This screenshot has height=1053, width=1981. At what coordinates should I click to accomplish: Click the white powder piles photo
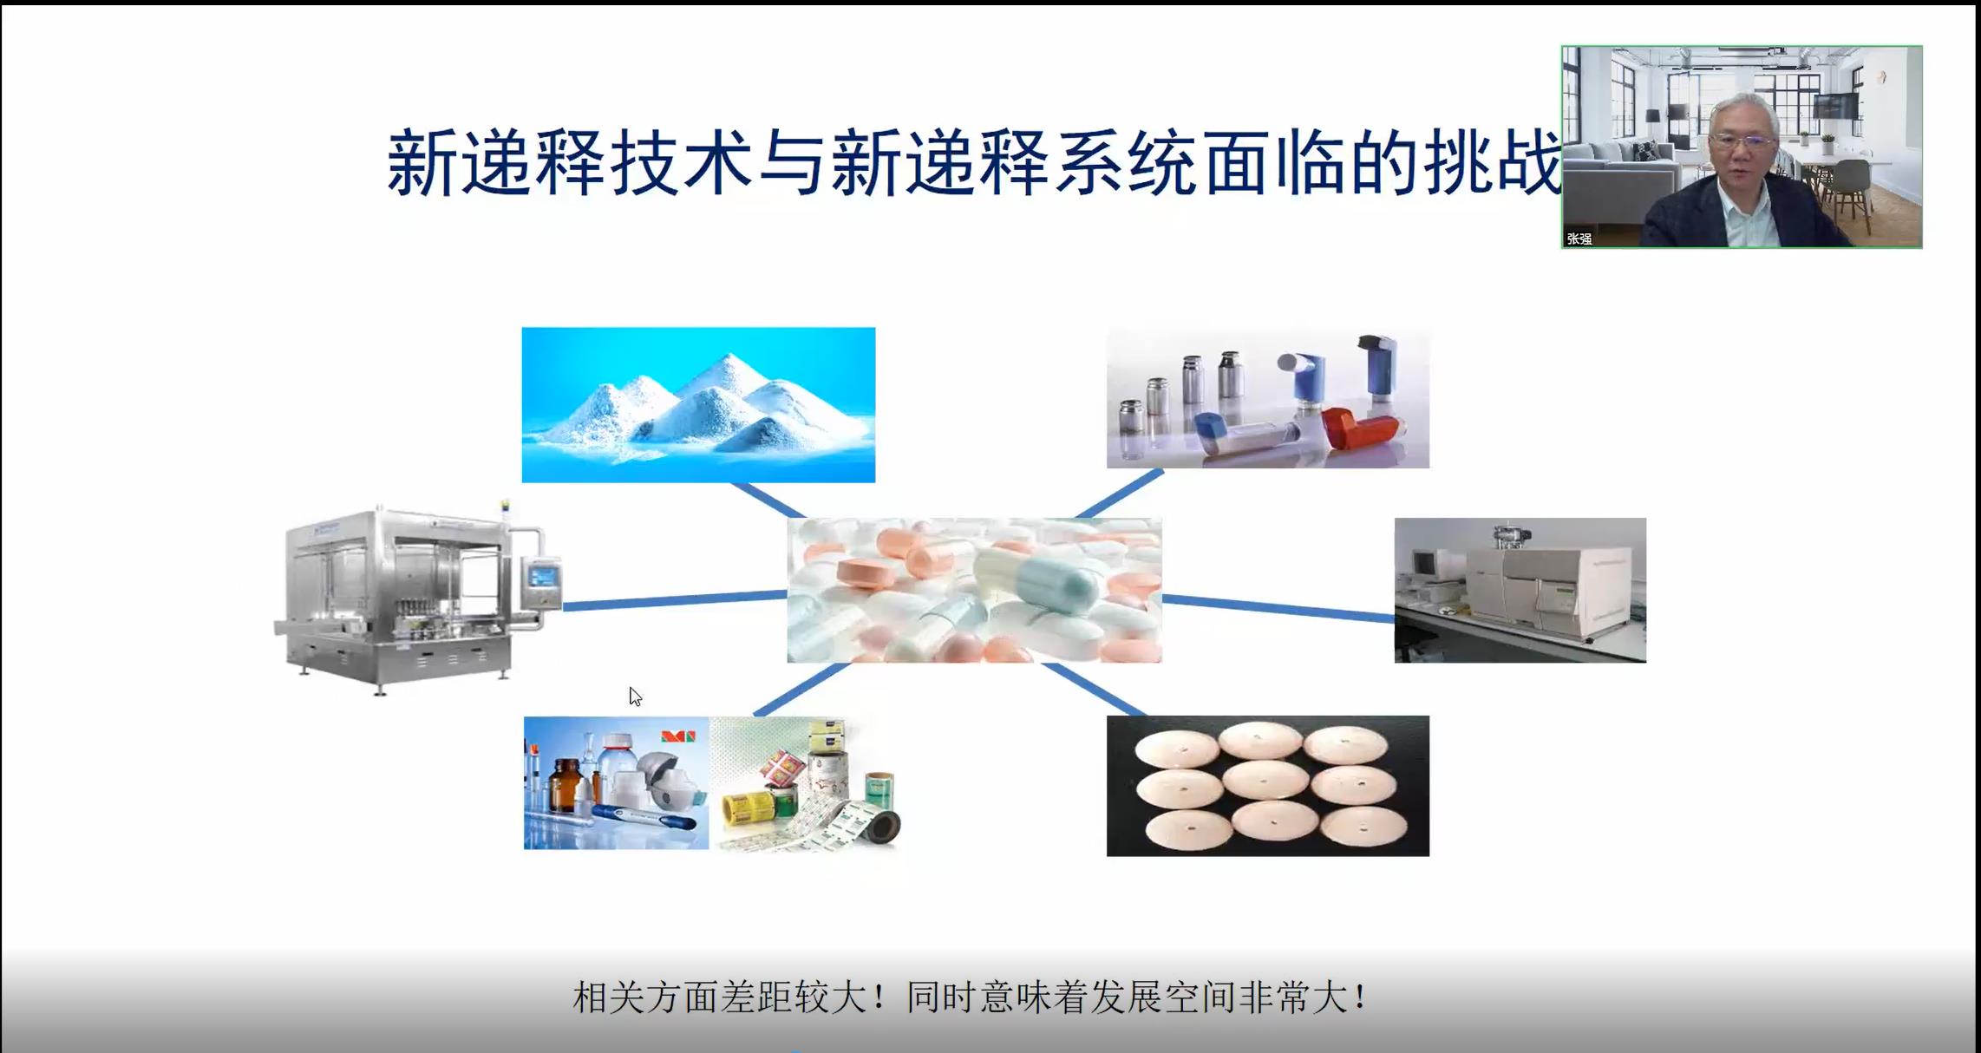[x=698, y=404]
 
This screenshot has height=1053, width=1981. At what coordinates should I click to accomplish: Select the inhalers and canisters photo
[x=1267, y=398]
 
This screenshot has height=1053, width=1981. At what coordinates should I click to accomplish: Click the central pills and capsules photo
[x=974, y=591]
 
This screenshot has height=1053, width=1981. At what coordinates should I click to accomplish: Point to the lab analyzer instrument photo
[x=1520, y=591]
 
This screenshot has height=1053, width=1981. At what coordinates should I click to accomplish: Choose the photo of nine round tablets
[x=1267, y=786]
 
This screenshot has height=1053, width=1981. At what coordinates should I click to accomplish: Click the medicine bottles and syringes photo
[x=616, y=783]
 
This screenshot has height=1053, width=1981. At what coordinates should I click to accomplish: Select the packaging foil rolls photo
[x=807, y=783]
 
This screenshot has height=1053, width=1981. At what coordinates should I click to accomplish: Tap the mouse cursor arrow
[x=635, y=697]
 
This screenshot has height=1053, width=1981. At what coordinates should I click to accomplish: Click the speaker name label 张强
[x=1579, y=239]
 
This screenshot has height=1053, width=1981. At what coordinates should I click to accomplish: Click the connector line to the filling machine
[x=675, y=600]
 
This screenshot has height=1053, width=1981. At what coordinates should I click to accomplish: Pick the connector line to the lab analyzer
[x=1278, y=608]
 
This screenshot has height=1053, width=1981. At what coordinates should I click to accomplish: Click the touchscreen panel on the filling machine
[x=544, y=576]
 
